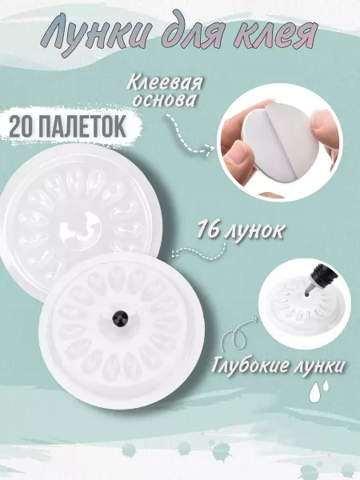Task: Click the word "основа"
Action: pyautogui.click(x=163, y=100)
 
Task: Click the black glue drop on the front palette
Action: pyautogui.click(x=120, y=318)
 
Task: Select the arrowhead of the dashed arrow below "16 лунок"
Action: pyautogui.click(x=176, y=252)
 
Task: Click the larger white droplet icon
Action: pyautogui.click(x=314, y=394)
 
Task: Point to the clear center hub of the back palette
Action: pyautogui.click(x=81, y=226)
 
